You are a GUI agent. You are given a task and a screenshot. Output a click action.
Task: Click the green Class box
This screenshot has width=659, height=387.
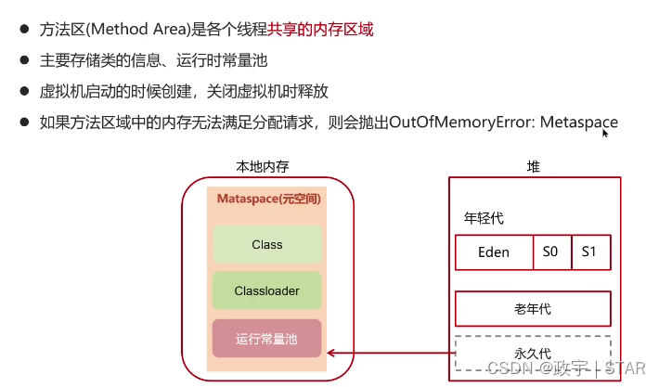pyautogui.click(x=266, y=244)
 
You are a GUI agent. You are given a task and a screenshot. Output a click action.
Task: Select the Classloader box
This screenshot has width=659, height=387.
pyautogui.click(x=266, y=290)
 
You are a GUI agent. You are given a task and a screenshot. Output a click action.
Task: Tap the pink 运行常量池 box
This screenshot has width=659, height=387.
pyautogui.click(x=266, y=339)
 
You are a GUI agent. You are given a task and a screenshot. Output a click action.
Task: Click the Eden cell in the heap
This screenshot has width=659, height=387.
pyautogui.click(x=493, y=252)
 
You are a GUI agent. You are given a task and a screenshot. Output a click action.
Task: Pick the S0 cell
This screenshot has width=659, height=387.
pyautogui.click(x=551, y=252)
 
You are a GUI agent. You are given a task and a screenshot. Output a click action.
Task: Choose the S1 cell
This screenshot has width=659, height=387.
pyautogui.click(x=590, y=252)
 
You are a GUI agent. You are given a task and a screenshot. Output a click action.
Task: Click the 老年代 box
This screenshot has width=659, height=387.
pyautogui.click(x=532, y=307)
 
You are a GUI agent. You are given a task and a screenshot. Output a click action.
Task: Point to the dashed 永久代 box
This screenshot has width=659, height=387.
pyautogui.click(x=532, y=353)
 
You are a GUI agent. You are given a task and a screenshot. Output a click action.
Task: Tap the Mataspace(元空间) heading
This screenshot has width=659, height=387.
pyautogui.click(x=266, y=199)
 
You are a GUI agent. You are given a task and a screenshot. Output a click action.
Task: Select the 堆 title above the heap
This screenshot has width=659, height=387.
pyautogui.click(x=533, y=167)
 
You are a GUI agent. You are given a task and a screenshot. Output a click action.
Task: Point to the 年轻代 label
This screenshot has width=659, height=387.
pyautogui.click(x=484, y=219)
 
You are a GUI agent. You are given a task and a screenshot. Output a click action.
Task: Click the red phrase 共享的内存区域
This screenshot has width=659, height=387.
pyautogui.click(x=321, y=30)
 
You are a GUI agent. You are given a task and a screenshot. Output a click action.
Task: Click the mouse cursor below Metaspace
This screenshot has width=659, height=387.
pyautogui.click(x=605, y=134)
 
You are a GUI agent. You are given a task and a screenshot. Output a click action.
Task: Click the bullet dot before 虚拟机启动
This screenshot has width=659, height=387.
pyautogui.click(x=23, y=92)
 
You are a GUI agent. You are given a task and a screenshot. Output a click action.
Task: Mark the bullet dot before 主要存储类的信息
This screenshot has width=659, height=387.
pyautogui.click(x=23, y=61)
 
